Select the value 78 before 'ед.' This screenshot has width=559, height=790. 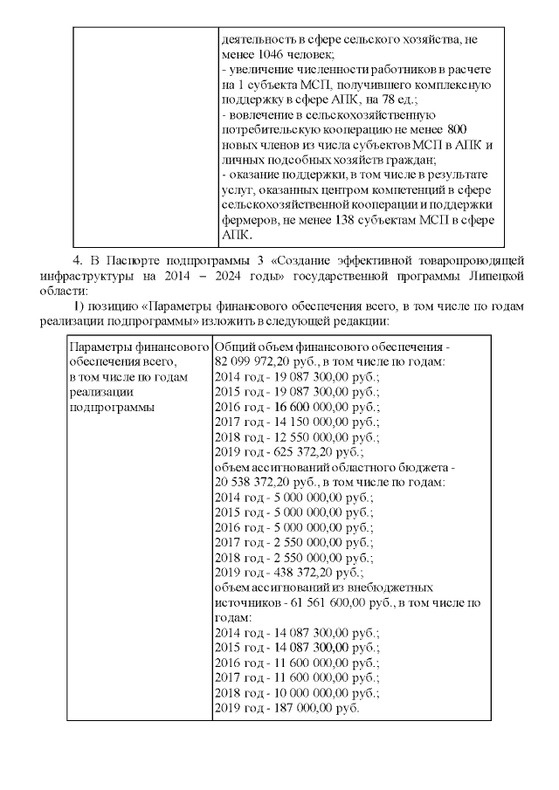(x=397, y=100)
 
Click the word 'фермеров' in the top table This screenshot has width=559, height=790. (x=249, y=220)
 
